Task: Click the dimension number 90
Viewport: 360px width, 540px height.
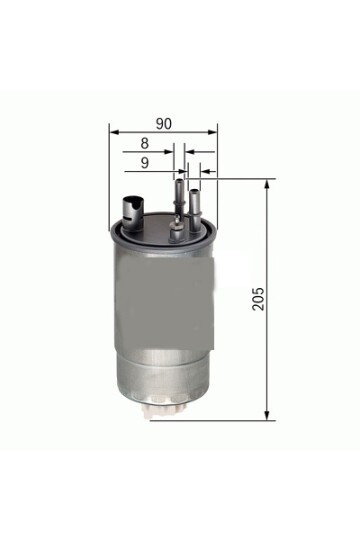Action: coord(164,122)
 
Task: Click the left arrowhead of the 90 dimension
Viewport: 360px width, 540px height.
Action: coord(114,131)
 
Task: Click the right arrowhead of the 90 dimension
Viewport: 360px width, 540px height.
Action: coord(214,131)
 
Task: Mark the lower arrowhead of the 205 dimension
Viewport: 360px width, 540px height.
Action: coord(268,414)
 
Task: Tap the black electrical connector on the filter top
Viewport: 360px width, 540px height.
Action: coord(130,208)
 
